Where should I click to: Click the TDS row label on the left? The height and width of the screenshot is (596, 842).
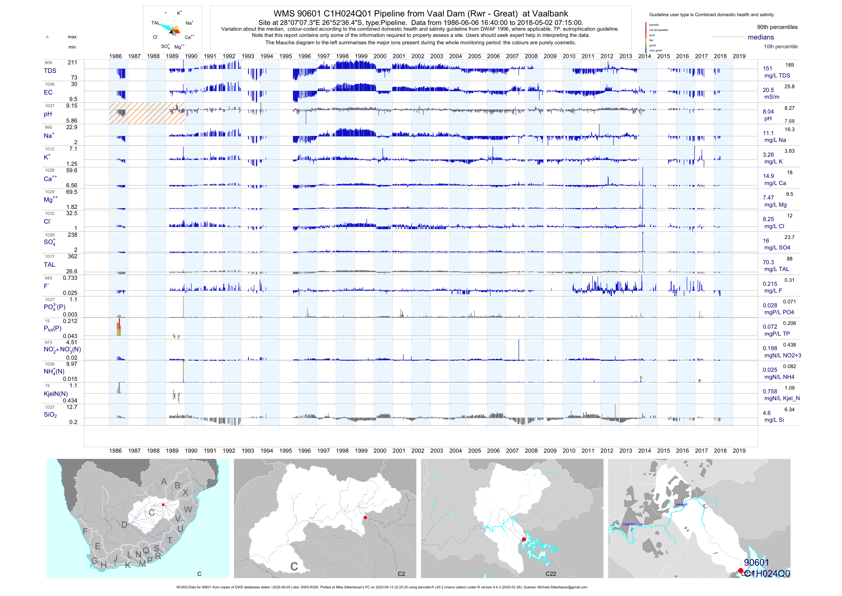[x=50, y=71]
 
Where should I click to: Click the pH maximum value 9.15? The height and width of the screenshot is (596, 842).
[x=71, y=106]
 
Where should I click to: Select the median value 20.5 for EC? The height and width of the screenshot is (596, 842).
[x=768, y=90]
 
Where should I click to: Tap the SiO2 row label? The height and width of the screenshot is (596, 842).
[x=50, y=415]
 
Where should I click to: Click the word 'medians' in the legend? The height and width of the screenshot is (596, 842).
[x=761, y=37]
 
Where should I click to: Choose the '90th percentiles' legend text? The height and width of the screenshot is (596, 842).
[x=777, y=27]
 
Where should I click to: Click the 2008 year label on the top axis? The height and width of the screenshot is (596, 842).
[x=531, y=56]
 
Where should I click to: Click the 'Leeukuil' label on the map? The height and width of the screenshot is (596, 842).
[x=681, y=504]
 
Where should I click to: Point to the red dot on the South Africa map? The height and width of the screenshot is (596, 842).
[x=163, y=505]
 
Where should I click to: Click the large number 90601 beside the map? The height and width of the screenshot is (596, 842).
[x=756, y=563]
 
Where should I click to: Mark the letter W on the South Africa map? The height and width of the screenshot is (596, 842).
[x=188, y=509]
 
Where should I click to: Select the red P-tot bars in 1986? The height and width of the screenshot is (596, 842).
[x=119, y=327]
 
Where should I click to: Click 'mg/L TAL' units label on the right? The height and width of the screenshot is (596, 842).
[x=776, y=269]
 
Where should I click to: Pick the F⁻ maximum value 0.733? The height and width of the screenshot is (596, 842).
[x=70, y=278]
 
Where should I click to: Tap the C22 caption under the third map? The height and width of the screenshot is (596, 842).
[x=550, y=574]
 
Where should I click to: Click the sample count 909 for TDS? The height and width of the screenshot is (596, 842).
[x=48, y=63]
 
